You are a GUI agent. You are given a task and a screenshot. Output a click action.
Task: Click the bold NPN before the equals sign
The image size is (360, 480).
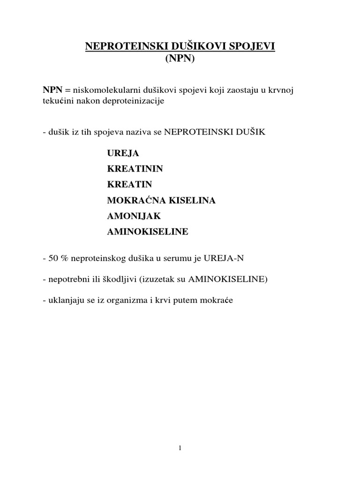(52, 90)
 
